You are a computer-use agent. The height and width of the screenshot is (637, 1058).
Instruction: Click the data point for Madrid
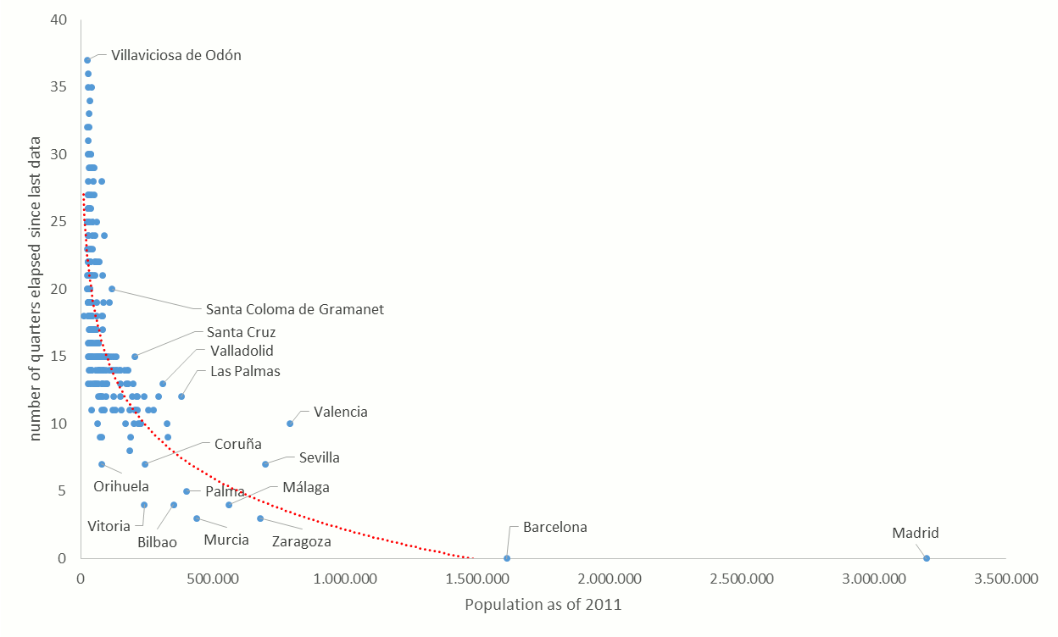coord(927,558)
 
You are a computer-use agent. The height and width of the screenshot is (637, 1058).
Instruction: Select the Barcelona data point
coord(507,558)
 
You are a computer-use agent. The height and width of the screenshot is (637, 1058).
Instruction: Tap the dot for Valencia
coord(290,424)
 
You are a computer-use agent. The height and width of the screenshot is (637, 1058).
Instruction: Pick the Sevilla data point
coord(265,464)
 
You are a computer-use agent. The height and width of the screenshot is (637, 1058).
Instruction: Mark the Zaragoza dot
coord(260,518)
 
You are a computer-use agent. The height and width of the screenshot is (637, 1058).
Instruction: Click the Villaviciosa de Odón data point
coord(87,60)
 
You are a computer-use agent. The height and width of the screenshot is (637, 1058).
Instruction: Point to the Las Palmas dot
coord(181,396)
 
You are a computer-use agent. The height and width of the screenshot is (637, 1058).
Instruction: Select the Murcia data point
coord(197,518)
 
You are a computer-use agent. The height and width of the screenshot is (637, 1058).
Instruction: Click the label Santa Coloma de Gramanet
coord(294,309)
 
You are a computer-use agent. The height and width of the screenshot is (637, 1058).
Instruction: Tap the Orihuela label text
coord(121,486)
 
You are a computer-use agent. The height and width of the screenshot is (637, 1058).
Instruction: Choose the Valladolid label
coord(242,351)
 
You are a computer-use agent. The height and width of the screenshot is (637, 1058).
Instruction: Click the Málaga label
coord(306,487)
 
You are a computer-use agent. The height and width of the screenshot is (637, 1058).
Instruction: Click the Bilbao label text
coord(157,542)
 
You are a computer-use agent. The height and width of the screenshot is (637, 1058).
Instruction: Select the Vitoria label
coord(109,526)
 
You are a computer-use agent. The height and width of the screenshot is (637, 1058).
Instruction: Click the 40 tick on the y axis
coord(58,19)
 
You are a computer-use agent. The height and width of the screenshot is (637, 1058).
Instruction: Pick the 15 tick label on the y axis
coord(58,357)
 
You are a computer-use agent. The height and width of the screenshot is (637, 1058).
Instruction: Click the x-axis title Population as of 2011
coord(543,605)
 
